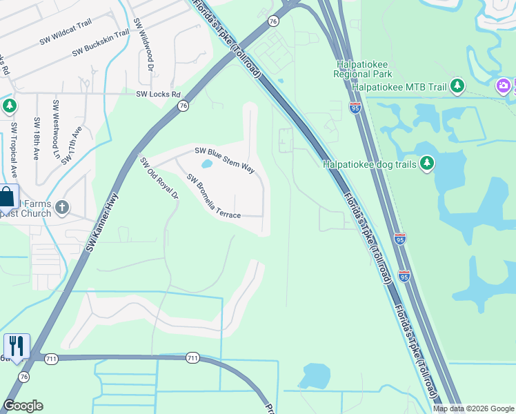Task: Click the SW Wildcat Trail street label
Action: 66,32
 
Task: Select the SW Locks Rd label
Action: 158,94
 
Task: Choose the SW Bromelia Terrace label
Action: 214,197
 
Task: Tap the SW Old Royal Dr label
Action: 159,178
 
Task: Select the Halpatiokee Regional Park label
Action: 363,68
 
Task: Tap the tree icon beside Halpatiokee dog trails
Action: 428,164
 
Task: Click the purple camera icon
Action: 504,86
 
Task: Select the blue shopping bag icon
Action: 7,197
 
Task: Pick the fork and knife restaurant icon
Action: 17,346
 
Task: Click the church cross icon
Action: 62,207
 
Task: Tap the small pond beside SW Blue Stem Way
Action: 206,165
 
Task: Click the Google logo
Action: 23,406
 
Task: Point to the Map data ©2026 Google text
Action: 473,408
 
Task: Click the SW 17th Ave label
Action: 72,145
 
